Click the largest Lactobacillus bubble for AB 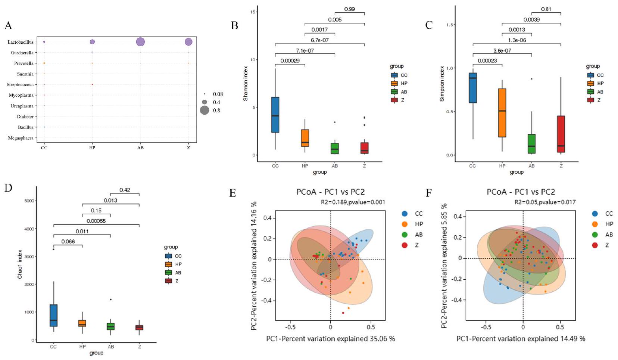point(140,42)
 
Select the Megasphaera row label point(21,138)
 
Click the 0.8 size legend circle point(205,110)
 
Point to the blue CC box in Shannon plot point(275,115)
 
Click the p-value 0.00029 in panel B point(290,60)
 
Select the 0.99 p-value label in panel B point(349,9)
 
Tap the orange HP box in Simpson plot point(502,113)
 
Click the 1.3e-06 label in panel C point(516,40)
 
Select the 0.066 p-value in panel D point(68,241)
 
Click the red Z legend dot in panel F point(595,245)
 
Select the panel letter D point(8,187)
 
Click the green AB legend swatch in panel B point(394,92)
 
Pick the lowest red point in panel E point(343,313)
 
